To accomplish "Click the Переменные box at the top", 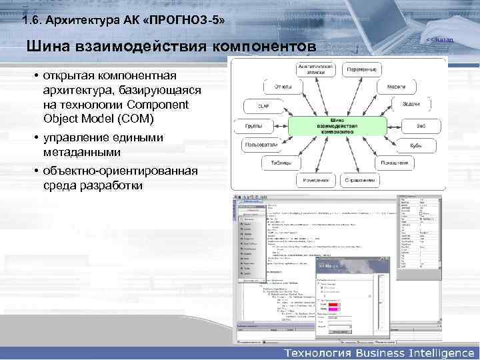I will [362, 69].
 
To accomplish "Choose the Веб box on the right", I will [421, 125].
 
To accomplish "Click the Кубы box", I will [415, 144].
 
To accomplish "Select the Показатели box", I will [394, 163].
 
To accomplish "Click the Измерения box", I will [313, 180].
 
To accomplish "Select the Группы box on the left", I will [251, 125].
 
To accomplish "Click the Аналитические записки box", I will [315, 69].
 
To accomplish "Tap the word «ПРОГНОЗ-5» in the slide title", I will [183, 22].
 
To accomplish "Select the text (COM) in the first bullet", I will [138, 119].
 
